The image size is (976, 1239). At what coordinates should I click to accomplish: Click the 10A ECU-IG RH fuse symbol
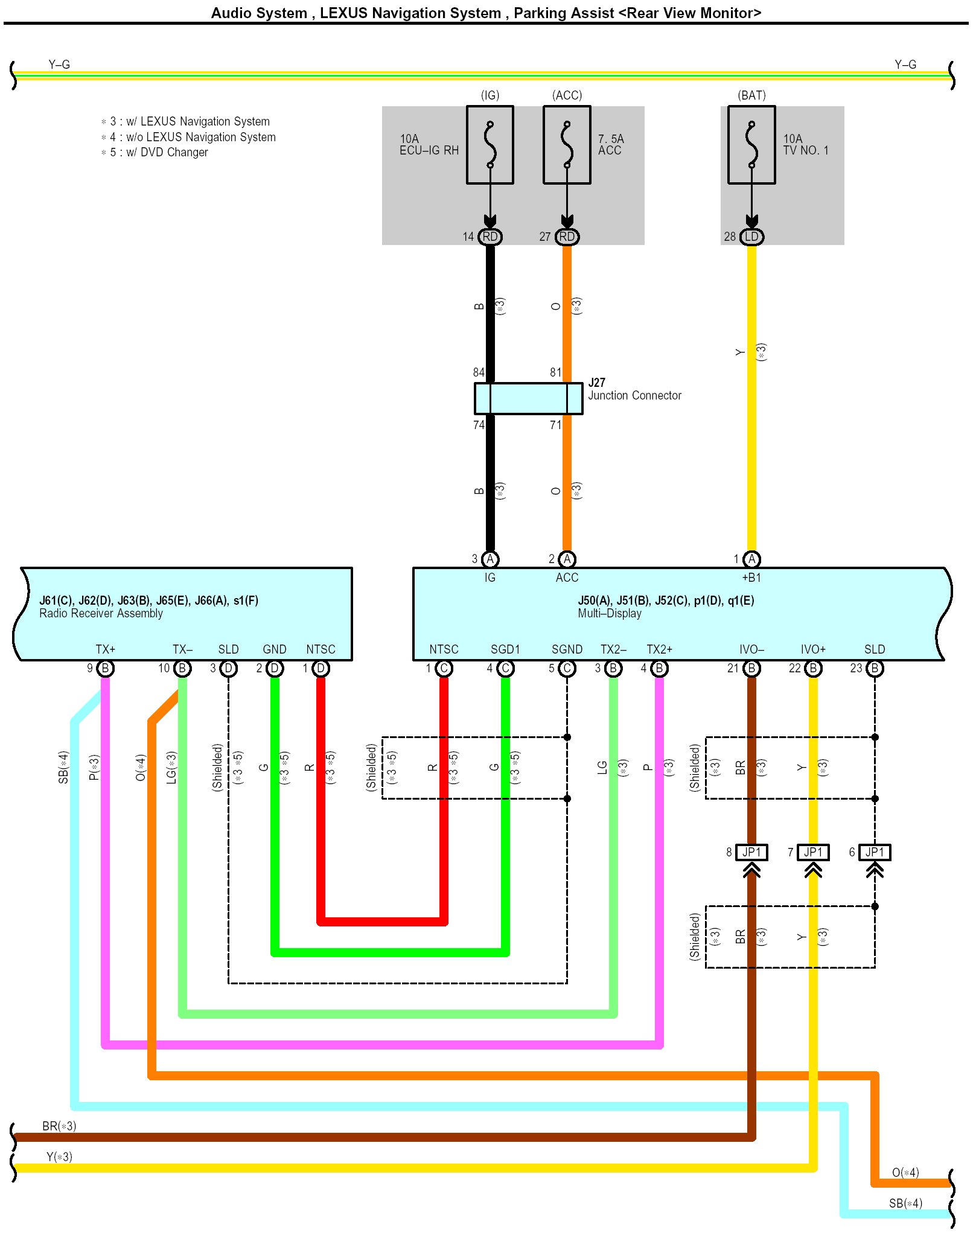click(x=490, y=145)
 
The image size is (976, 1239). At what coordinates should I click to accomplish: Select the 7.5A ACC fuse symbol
click(x=567, y=145)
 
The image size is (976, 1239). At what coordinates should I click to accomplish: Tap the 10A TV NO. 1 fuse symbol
click(x=751, y=145)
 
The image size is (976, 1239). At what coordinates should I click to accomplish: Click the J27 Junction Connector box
click(x=528, y=398)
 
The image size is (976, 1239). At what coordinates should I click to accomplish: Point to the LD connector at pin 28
click(x=751, y=237)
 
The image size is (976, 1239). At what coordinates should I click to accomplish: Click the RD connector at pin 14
click(x=490, y=237)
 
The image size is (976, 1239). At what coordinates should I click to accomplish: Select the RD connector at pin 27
click(x=567, y=237)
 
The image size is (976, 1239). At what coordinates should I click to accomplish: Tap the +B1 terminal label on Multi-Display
click(x=751, y=578)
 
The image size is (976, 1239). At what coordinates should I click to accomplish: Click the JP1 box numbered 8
click(x=751, y=852)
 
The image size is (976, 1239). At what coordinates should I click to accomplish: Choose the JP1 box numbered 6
click(x=875, y=852)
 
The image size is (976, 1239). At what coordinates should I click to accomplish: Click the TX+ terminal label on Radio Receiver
click(x=105, y=649)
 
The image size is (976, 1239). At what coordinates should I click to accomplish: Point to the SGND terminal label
click(x=567, y=649)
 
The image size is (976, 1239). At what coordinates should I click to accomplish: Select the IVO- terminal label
click(x=751, y=649)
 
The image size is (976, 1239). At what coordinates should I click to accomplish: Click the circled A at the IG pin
click(x=490, y=559)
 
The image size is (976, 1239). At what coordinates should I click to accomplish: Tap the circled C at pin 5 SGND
click(x=567, y=669)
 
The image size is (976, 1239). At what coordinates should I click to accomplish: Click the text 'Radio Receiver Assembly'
click(x=101, y=613)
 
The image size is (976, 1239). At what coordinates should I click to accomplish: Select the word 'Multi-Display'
click(x=610, y=613)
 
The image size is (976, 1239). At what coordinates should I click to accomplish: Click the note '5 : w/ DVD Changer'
click(x=158, y=153)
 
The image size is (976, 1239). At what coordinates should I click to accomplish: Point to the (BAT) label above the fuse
click(x=751, y=95)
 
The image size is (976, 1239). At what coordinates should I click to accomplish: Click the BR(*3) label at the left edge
click(x=59, y=1126)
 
